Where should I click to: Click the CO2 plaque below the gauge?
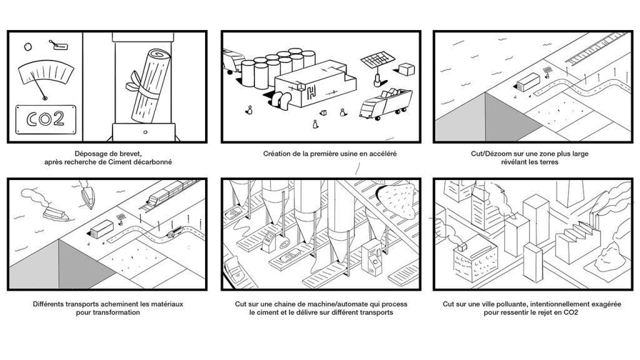[42, 119]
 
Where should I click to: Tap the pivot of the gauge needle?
[44, 97]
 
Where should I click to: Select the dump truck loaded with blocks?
[386, 103]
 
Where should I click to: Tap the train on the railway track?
[169, 193]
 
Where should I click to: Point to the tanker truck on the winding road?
[174, 233]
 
